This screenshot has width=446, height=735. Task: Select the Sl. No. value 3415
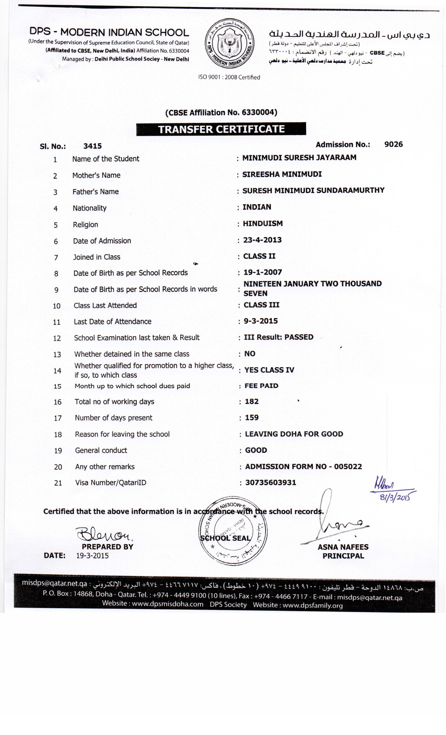pos(92,146)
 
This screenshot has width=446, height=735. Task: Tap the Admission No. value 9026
pos(393,144)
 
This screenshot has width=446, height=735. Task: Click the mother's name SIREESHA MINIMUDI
pos(282,174)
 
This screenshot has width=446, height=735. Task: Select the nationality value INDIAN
pos(257,207)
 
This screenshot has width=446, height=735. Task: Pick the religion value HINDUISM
pos(263,223)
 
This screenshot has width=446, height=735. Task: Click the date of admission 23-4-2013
pos(262,240)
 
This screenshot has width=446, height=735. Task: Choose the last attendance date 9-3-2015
pos(261,321)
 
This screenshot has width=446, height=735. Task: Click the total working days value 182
pos(252,401)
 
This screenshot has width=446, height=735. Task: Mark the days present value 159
pos(252,418)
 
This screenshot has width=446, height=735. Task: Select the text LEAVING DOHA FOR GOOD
pos(294,434)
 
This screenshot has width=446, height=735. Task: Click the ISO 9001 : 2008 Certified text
pos(229,77)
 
